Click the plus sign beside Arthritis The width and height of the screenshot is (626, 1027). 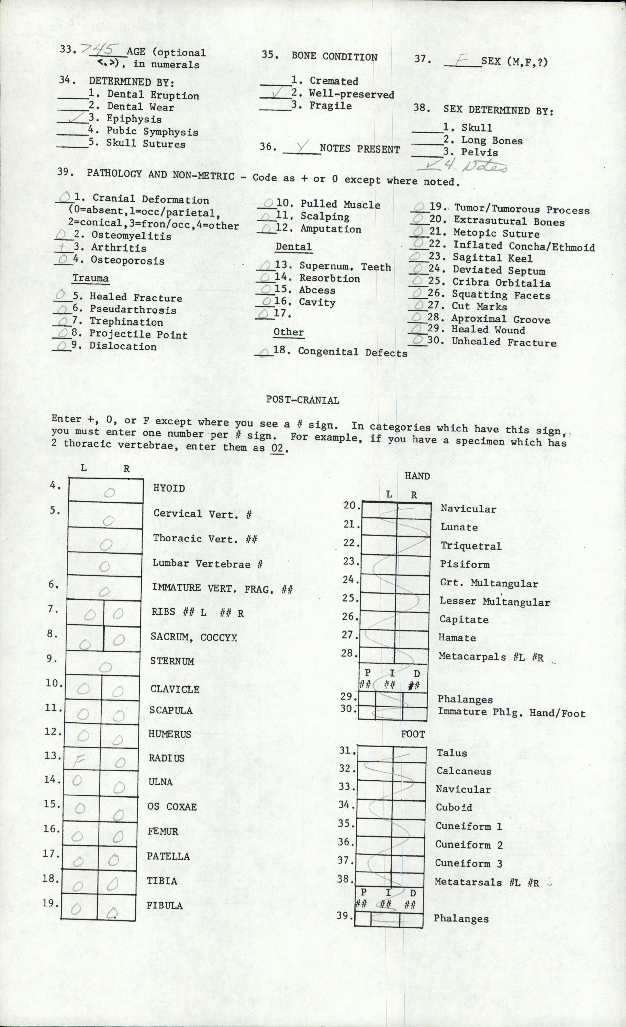(x=63, y=247)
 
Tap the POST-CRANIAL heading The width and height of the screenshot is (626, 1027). (x=302, y=400)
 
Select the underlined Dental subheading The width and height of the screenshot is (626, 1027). (x=293, y=247)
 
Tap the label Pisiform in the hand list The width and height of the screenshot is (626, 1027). (x=464, y=564)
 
